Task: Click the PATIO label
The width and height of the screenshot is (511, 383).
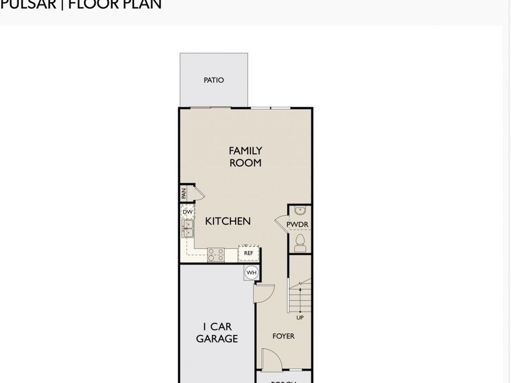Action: (x=213, y=80)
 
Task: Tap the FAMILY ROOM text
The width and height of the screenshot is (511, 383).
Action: (x=245, y=157)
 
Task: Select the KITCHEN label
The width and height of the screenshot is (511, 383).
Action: (x=228, y=221)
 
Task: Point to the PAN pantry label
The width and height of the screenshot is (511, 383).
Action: (x=184, y=193)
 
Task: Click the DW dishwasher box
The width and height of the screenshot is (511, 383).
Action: (x=187, y=212)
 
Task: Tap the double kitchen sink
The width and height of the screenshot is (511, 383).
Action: (x=187, y=228)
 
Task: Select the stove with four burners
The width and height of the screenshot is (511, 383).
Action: (x=215, y=254)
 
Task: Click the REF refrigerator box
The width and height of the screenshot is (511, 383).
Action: (x=249, y=253)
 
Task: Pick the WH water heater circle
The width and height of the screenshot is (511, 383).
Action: (x=251, y=273)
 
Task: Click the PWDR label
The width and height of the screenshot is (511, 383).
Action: (x=297, y=225)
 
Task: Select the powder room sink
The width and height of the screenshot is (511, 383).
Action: (x=300, y=211)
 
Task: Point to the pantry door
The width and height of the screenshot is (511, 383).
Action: (x=199, y=193)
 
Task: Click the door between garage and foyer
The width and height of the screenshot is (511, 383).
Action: (x=264, y=293)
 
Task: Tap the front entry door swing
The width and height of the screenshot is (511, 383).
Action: (x=270, y=360)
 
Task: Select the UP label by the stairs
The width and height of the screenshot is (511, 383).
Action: (x=300, y=318)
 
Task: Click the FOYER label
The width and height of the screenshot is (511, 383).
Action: (x=283, y=336)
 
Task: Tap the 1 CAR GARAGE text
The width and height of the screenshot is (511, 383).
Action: (x=217, y=333)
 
